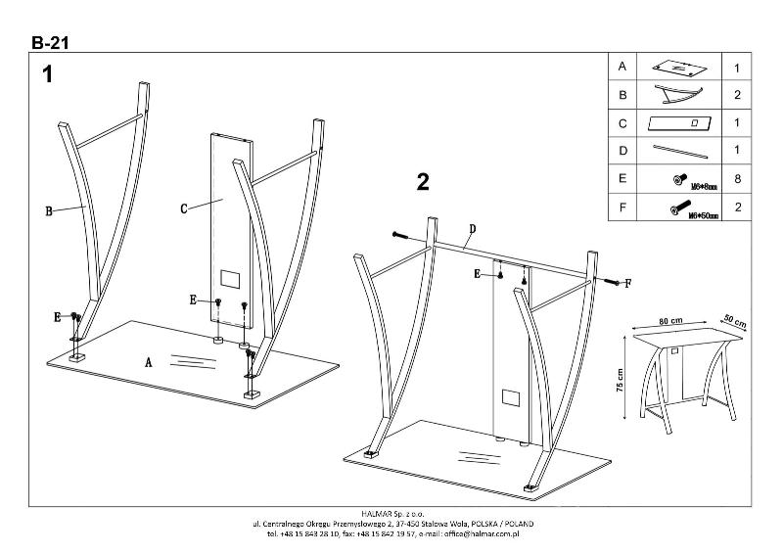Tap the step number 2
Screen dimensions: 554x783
click(x=423, y=181)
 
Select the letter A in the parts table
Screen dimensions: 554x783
click(x=622, y=67)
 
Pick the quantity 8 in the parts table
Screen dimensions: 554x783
click(x=737, y=180)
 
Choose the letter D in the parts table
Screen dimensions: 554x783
click(x=622, y=152)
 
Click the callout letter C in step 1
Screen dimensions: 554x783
click(x=183, y=208)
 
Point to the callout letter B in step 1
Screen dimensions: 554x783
click(x=48, y=208)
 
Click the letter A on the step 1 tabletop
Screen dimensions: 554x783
click(x=149, y=362)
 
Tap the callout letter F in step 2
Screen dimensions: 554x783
click(x=627, y=283)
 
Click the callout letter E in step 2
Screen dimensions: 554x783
click(x=477, y=275)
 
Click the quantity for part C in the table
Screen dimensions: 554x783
click(x=737, y=123)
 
